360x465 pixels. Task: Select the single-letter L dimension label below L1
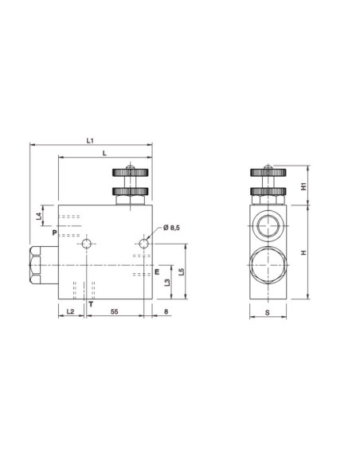(104, 153)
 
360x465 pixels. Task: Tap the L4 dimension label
(41, 216)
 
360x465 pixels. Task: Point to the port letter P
(54, 234)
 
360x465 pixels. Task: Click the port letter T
(90, 304)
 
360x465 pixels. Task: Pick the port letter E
(157, 272)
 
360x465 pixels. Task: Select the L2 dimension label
(69, 312)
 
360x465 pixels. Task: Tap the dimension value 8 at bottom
(166, 312)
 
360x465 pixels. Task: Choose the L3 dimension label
(166, 282)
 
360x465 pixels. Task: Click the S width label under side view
(267, 313)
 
